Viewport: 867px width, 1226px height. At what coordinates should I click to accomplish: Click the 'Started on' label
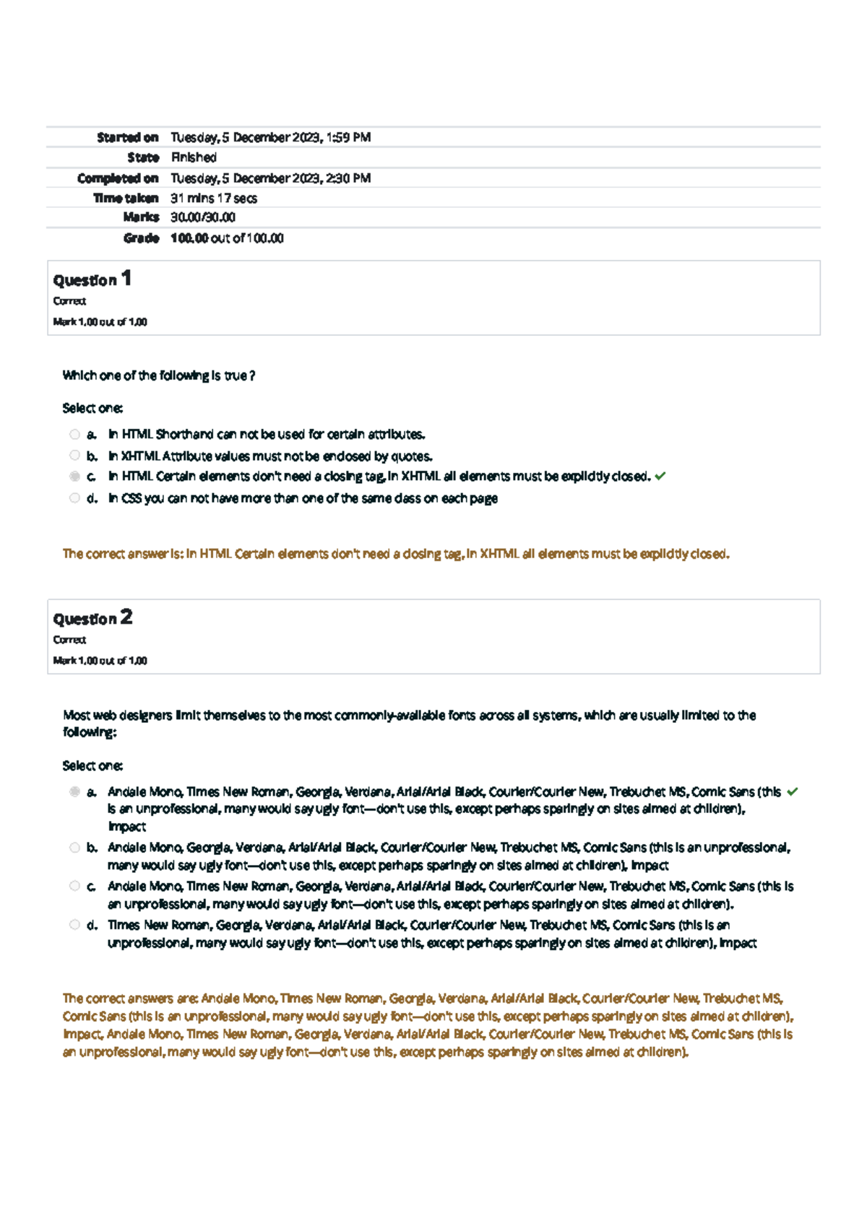[128, 137]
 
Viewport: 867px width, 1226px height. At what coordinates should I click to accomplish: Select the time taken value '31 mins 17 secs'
[214, 198]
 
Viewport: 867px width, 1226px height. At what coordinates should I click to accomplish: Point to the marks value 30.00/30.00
[203, 217]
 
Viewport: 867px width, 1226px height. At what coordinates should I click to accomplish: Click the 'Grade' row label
[141, 238]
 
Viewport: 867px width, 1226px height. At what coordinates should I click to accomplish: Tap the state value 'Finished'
[194, 157]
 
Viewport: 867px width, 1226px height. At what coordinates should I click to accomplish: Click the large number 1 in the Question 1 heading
[126, 278]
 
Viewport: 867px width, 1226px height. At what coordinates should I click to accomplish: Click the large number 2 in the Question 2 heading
[126, 617]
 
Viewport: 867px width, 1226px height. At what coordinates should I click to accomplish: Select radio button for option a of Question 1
[74, 435]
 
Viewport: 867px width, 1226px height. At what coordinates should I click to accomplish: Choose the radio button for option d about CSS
[74, 498]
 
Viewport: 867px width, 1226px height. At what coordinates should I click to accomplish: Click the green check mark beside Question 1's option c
[660, 476]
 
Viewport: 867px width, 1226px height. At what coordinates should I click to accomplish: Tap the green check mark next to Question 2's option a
[793, 791]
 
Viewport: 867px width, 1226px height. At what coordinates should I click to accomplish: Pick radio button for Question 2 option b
[74, 848]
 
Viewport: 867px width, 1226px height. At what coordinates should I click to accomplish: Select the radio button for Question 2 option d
[74, 925]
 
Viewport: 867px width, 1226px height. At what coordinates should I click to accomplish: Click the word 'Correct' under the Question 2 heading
[69, 640]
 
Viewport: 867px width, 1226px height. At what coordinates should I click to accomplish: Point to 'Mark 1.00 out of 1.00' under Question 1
[100, 322]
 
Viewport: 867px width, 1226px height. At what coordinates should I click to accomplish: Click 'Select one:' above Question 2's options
[92, 765]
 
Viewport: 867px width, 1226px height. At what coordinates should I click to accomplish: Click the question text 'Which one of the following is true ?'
[158, 375]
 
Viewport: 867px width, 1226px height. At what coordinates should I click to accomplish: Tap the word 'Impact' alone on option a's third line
[127, 827]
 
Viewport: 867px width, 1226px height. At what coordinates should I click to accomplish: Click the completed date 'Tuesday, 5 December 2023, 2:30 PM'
[271, 178]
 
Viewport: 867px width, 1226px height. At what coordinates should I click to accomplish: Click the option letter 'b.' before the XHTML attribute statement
[92, 456]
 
